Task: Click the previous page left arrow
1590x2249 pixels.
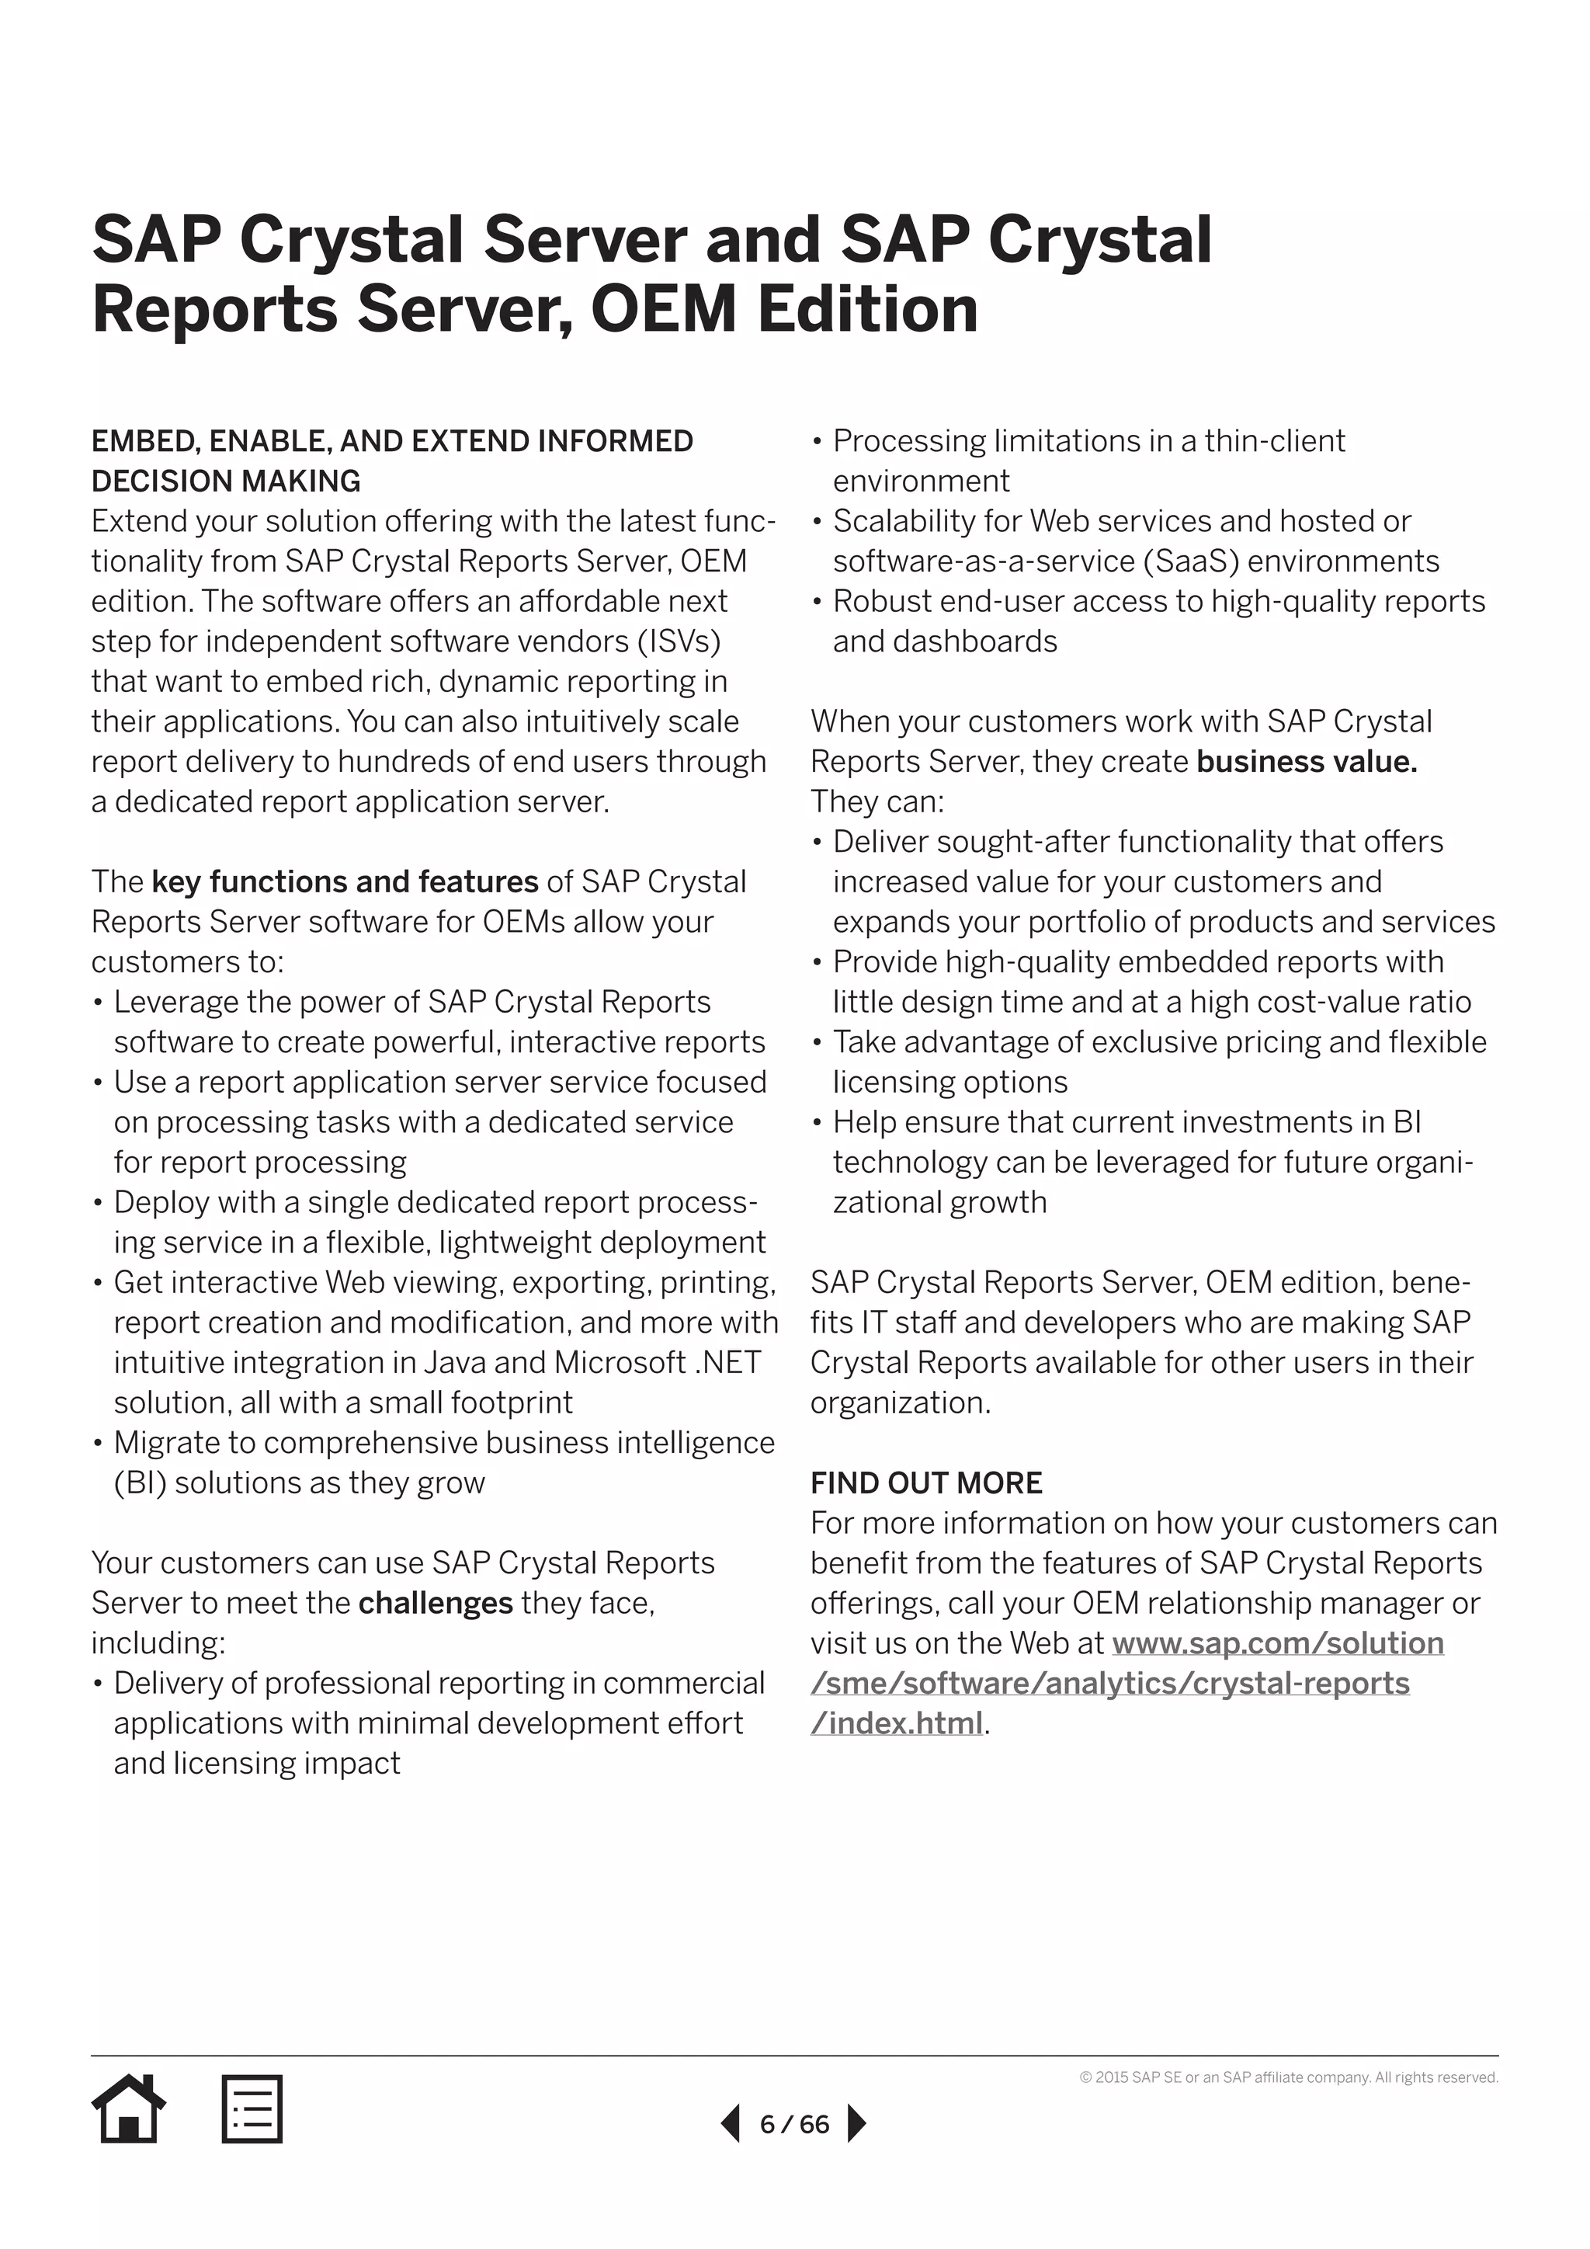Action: click(x=731, y=2124)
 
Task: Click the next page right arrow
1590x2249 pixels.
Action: click(x=856, y=2124)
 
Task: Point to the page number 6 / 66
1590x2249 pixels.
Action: click(x=794, y=2125)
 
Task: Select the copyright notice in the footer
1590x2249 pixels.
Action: click(x=1289, y=2077)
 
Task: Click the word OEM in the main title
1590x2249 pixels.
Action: click(x=664, y=310)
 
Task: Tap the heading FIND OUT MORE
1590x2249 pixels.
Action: click(x=926, y=1483)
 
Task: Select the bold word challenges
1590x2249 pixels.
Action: click(x=436, y=1603)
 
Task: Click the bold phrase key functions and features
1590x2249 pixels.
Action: click(x=345, y=881)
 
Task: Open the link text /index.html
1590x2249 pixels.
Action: click(x=897, y=1723)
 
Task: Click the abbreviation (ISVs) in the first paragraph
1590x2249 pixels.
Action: click(x=679, y=641)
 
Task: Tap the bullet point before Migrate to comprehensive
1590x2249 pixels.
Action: click(x=98, y=1444)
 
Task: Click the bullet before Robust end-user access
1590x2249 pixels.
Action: click(x=818, y=601)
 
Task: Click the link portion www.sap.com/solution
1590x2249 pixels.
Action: click(x=1278, y=1642)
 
